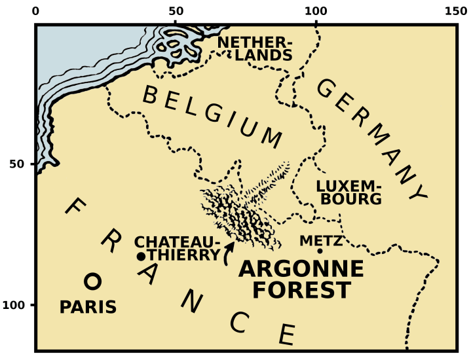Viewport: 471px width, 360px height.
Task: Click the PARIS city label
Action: (88, 307)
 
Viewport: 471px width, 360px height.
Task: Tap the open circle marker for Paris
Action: (92, 281)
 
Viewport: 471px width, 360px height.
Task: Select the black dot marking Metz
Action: (320, 251)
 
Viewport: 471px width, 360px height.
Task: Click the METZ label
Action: (321, 240)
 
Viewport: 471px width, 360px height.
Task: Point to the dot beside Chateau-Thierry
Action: (140, 256)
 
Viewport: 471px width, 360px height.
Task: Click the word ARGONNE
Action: (301, 269)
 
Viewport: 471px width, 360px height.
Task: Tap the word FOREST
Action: (301, 290)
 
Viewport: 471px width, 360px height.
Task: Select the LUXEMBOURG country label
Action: (348, 192)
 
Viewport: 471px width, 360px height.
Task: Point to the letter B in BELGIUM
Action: (151, 96)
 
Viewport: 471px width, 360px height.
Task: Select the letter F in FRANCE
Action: (75, 208)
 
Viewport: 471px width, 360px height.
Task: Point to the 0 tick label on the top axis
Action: (35, 11)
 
